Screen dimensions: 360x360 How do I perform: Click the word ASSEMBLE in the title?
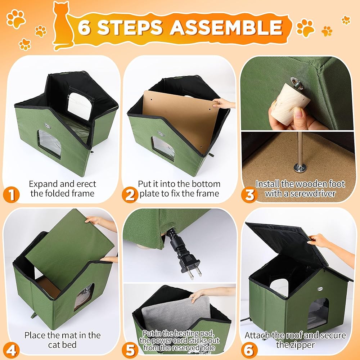[226, 27]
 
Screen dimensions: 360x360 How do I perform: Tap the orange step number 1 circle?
[11, 195]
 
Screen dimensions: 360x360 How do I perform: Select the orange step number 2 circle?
[130, 195]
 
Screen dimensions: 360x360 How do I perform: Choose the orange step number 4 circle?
[11, 351]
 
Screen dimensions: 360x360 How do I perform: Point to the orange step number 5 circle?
[130, 351]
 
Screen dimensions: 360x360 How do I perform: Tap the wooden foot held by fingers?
[289, 103]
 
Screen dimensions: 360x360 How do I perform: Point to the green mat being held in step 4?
[69, 250]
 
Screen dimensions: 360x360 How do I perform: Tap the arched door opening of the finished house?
[318, 314]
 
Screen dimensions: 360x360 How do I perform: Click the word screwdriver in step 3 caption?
[312, 194]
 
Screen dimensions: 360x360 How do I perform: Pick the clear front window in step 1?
[50, 144]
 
